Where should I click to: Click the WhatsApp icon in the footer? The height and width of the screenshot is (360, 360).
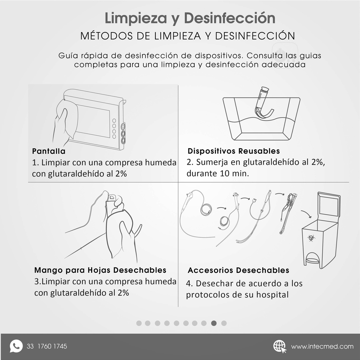pos(16,346)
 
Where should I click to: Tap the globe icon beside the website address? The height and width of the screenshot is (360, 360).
pos(279,346)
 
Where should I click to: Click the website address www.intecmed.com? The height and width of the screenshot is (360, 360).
pos(322,347)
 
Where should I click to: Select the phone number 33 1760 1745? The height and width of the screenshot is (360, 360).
pos(47,346)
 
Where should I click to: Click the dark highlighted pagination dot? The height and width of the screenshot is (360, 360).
pos(214,323)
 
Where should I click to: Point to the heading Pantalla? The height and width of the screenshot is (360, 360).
pos(49,151)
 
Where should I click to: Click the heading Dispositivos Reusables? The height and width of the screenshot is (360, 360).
pos(234,151)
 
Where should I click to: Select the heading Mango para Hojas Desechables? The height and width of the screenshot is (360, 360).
pos(100,270)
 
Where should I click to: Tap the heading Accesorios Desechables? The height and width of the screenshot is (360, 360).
pos(238,270)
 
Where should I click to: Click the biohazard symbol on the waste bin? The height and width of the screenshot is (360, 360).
pos(311,238)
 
